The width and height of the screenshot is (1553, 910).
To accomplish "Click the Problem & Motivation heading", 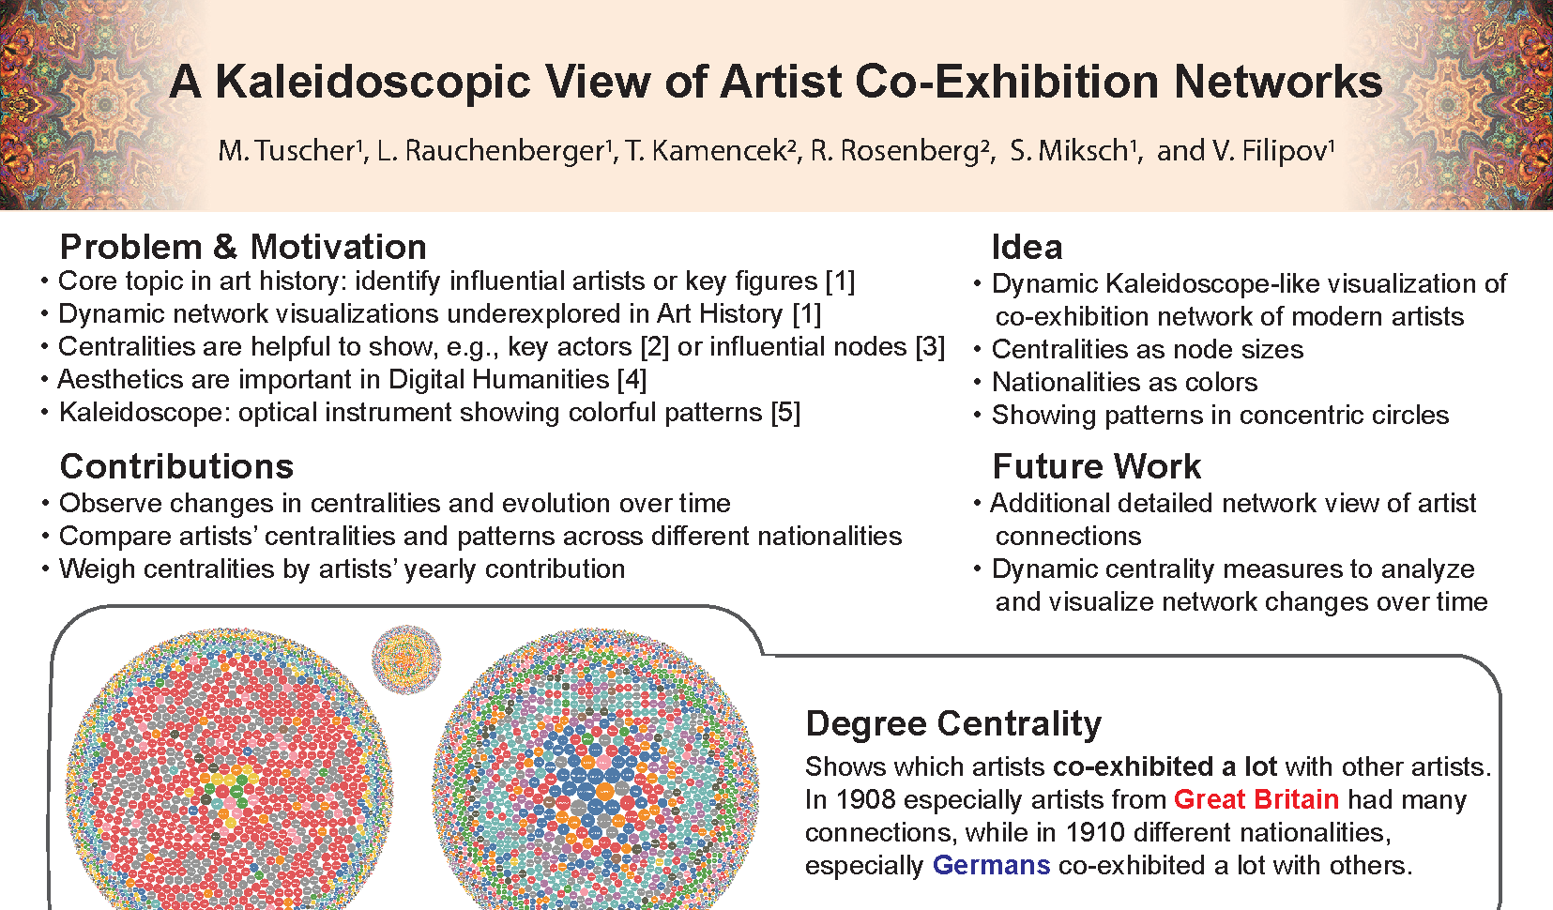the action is pos(243,247).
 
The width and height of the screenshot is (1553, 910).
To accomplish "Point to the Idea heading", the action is pos(1027,247).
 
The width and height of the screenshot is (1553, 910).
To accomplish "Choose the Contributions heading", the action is pos(176,465).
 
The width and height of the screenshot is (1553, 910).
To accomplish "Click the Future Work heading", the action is pos(1096,465).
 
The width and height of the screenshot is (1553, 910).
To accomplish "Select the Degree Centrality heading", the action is pos(953,723).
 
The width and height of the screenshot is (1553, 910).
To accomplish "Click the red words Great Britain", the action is pos(1256,800).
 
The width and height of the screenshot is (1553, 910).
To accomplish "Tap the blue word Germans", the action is pos(992,866).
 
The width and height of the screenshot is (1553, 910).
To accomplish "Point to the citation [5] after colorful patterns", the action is pos(785,413).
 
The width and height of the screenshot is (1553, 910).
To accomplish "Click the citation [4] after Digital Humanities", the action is pos(632,380).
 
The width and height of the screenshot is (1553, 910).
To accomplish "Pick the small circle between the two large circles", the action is pos(406,660).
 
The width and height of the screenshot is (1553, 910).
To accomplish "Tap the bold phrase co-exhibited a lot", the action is pos(1165,767).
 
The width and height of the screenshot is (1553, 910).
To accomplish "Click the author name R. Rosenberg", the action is pos(901,151).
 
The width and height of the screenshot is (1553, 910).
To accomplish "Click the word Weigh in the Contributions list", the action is pos(97,569).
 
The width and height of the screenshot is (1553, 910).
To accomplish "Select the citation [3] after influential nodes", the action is pos(930,346).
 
